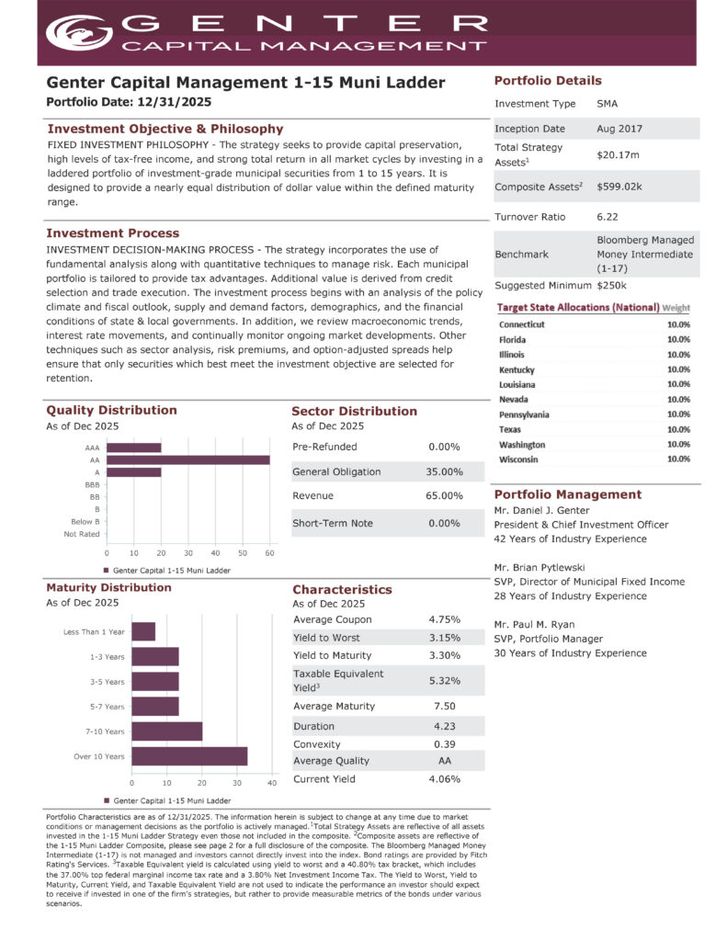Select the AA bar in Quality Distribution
188,459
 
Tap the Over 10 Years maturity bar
189,756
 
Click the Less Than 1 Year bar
143,632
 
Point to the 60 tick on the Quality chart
269,552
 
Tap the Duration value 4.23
445,726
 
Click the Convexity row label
317,743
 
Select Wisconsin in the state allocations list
519,459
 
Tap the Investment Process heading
113,233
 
